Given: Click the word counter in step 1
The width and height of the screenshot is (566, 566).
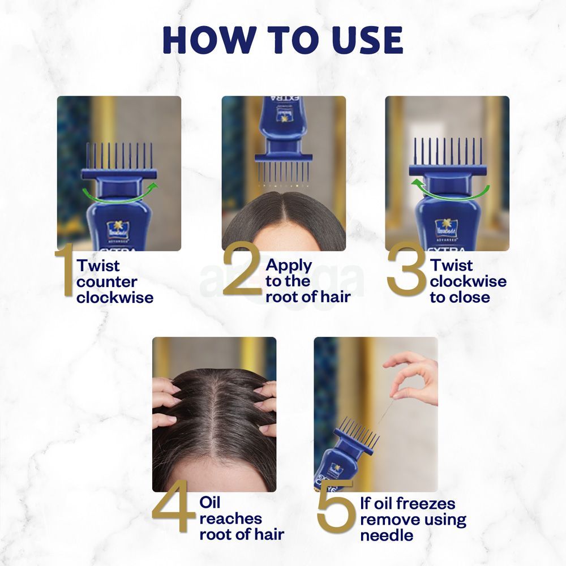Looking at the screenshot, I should tap(107, 281).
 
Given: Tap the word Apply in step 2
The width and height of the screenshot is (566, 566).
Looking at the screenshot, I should tap(289, 265).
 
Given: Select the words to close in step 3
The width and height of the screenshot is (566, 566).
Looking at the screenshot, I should tap(460, 297).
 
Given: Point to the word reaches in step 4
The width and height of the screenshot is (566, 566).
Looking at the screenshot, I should tap(230, 518).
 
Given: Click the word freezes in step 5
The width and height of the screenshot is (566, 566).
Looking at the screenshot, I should tap(426, 503).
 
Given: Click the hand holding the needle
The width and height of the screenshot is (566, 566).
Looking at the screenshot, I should tap(416, 374).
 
